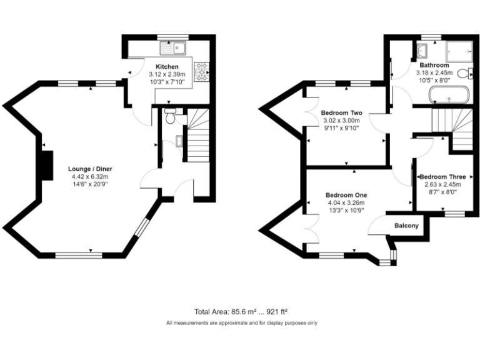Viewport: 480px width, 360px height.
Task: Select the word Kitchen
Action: pyautogui.click(x=167, y=66)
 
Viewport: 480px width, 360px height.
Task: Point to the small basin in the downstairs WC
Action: pyautogui.click(x=180, y=141)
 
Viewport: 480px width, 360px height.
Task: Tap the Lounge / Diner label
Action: pyautogui.click(x=91, y=169)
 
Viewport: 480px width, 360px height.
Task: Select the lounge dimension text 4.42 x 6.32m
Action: pyautogui.click(x=91, y=176)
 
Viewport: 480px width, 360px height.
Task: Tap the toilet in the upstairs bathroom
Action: pyautogui.click(x=463, y=74)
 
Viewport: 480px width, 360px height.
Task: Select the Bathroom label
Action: pyautogui.click(x=434, y=65)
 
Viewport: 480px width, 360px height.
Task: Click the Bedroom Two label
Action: pyautogui.click(x=341, y=112)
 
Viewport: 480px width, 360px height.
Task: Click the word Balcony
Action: pyautogui.click(x=406, y=226)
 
